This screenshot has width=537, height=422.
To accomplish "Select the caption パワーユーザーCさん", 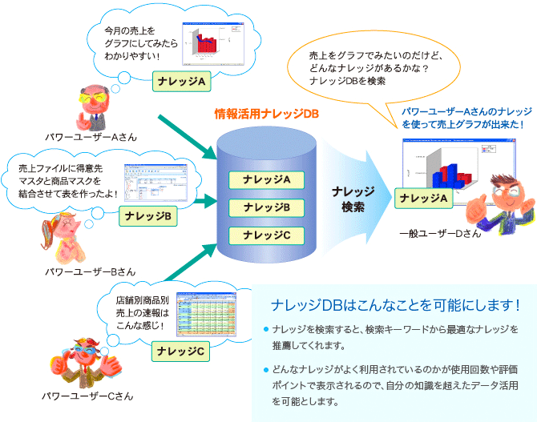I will tap(89, 396).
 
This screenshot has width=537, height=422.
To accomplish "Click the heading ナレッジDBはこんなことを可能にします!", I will tap(396, 305).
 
